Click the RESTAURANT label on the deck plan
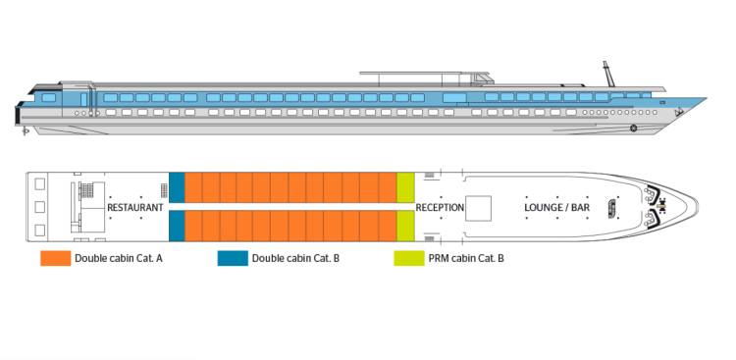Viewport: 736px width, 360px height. tap(134, 208)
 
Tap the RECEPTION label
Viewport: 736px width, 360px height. tap(440, 208)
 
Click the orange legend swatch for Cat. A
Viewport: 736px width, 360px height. tap(55, 259)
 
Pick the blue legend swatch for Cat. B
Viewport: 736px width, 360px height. tap(233, 259)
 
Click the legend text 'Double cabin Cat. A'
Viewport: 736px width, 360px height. tap(119, 259)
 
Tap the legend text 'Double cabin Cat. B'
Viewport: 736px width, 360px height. tap(295, 259)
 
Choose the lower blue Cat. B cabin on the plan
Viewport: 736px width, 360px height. tap(177, 227)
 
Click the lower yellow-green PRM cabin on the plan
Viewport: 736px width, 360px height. tap(405, 227)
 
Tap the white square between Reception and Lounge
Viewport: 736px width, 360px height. tap(478, 207)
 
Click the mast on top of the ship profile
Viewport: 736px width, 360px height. tap(606, 75)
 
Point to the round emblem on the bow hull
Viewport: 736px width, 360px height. tap(633, 129)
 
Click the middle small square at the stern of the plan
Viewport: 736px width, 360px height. tap(39, 207)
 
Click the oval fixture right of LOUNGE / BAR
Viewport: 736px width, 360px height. tap(612, 207)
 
